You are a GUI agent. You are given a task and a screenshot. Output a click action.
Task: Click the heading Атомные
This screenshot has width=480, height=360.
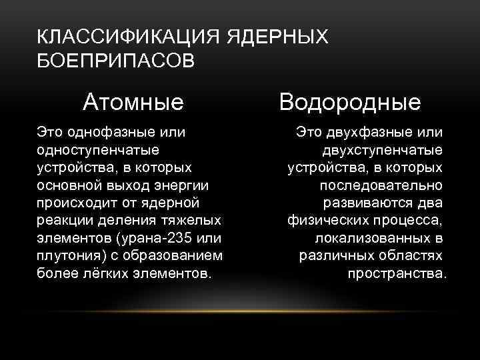133,102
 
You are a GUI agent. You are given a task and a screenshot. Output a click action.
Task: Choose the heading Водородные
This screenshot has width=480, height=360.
350,102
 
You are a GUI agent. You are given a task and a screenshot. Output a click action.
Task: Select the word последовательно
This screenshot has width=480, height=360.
381,185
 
